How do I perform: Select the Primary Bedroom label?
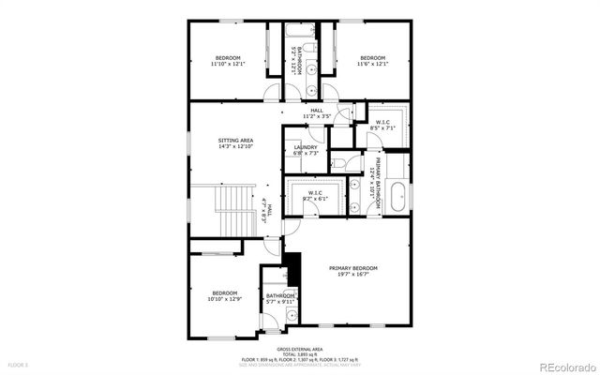click(353, 268)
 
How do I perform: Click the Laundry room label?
click(306, 147)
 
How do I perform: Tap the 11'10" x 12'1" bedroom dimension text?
click(225, 65)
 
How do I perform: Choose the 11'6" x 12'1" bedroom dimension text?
click(373, 65)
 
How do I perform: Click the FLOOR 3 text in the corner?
click(19, 364)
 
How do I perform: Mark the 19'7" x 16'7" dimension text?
click(353, 275)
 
